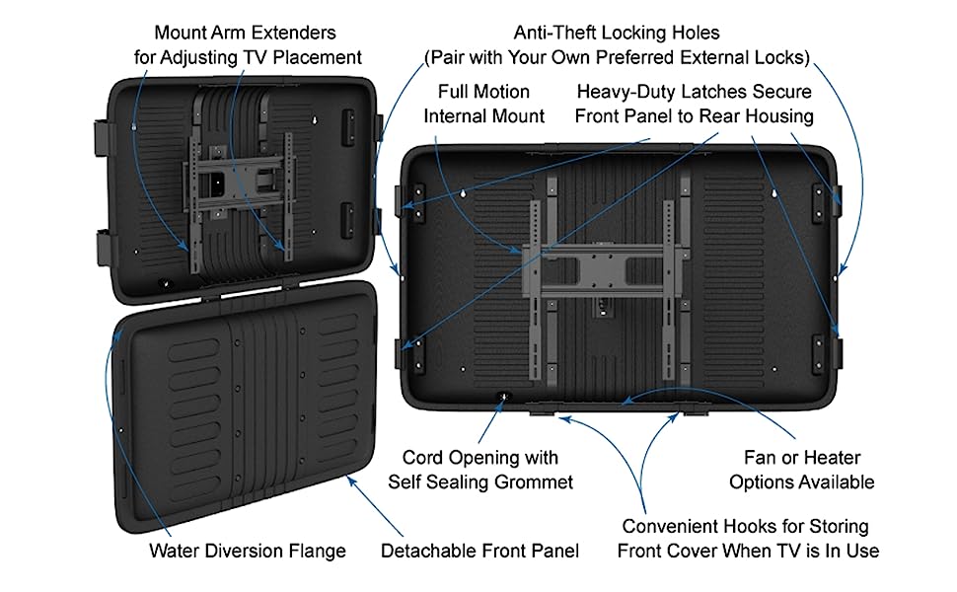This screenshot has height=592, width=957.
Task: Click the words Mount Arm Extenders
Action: (246, 34)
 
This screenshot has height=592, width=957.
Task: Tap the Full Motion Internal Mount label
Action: (483, 104)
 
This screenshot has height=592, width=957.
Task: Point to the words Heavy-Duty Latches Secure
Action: (694, 92)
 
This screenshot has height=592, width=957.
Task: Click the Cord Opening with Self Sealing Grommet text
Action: (479, 470)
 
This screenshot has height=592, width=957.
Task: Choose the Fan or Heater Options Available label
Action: (801, 470)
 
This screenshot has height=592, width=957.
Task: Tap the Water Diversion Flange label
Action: (247, 551)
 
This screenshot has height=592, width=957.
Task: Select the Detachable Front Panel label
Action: (479, 551)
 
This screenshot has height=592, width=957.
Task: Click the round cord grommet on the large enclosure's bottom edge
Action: (502, 398)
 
